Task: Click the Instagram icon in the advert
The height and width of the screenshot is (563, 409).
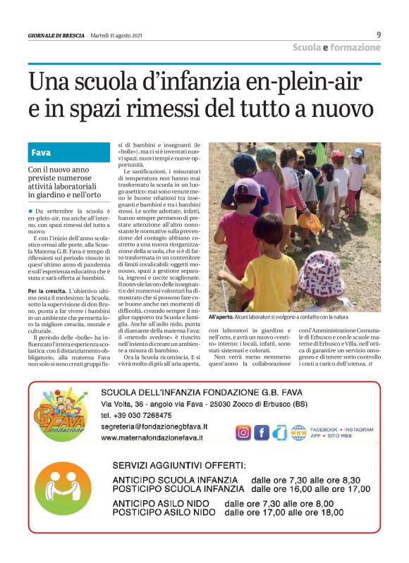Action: pos(243,432)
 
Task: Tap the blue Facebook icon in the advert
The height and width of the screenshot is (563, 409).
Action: pos(262,432)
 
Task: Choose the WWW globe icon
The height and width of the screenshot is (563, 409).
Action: pos(298,432)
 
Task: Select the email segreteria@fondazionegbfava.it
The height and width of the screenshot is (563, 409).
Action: pos(154,426)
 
